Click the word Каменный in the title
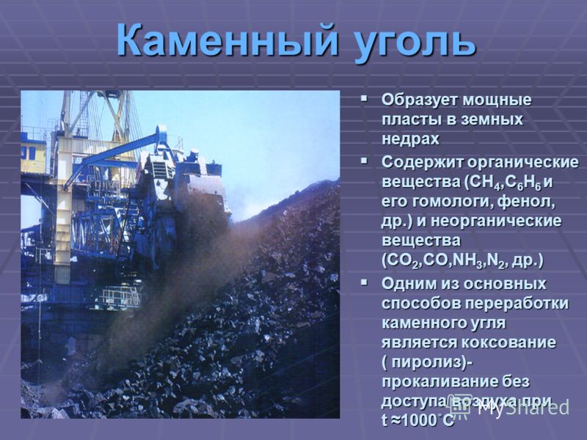pos(228,40)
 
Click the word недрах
pos(410,139)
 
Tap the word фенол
pos(530,202)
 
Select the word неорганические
pos(497,222)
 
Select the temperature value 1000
pos(418,420)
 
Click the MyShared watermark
pos(511,407)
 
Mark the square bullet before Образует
pos(363,99)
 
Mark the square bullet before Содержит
pos(363,161)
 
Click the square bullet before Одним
pos(363,282)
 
